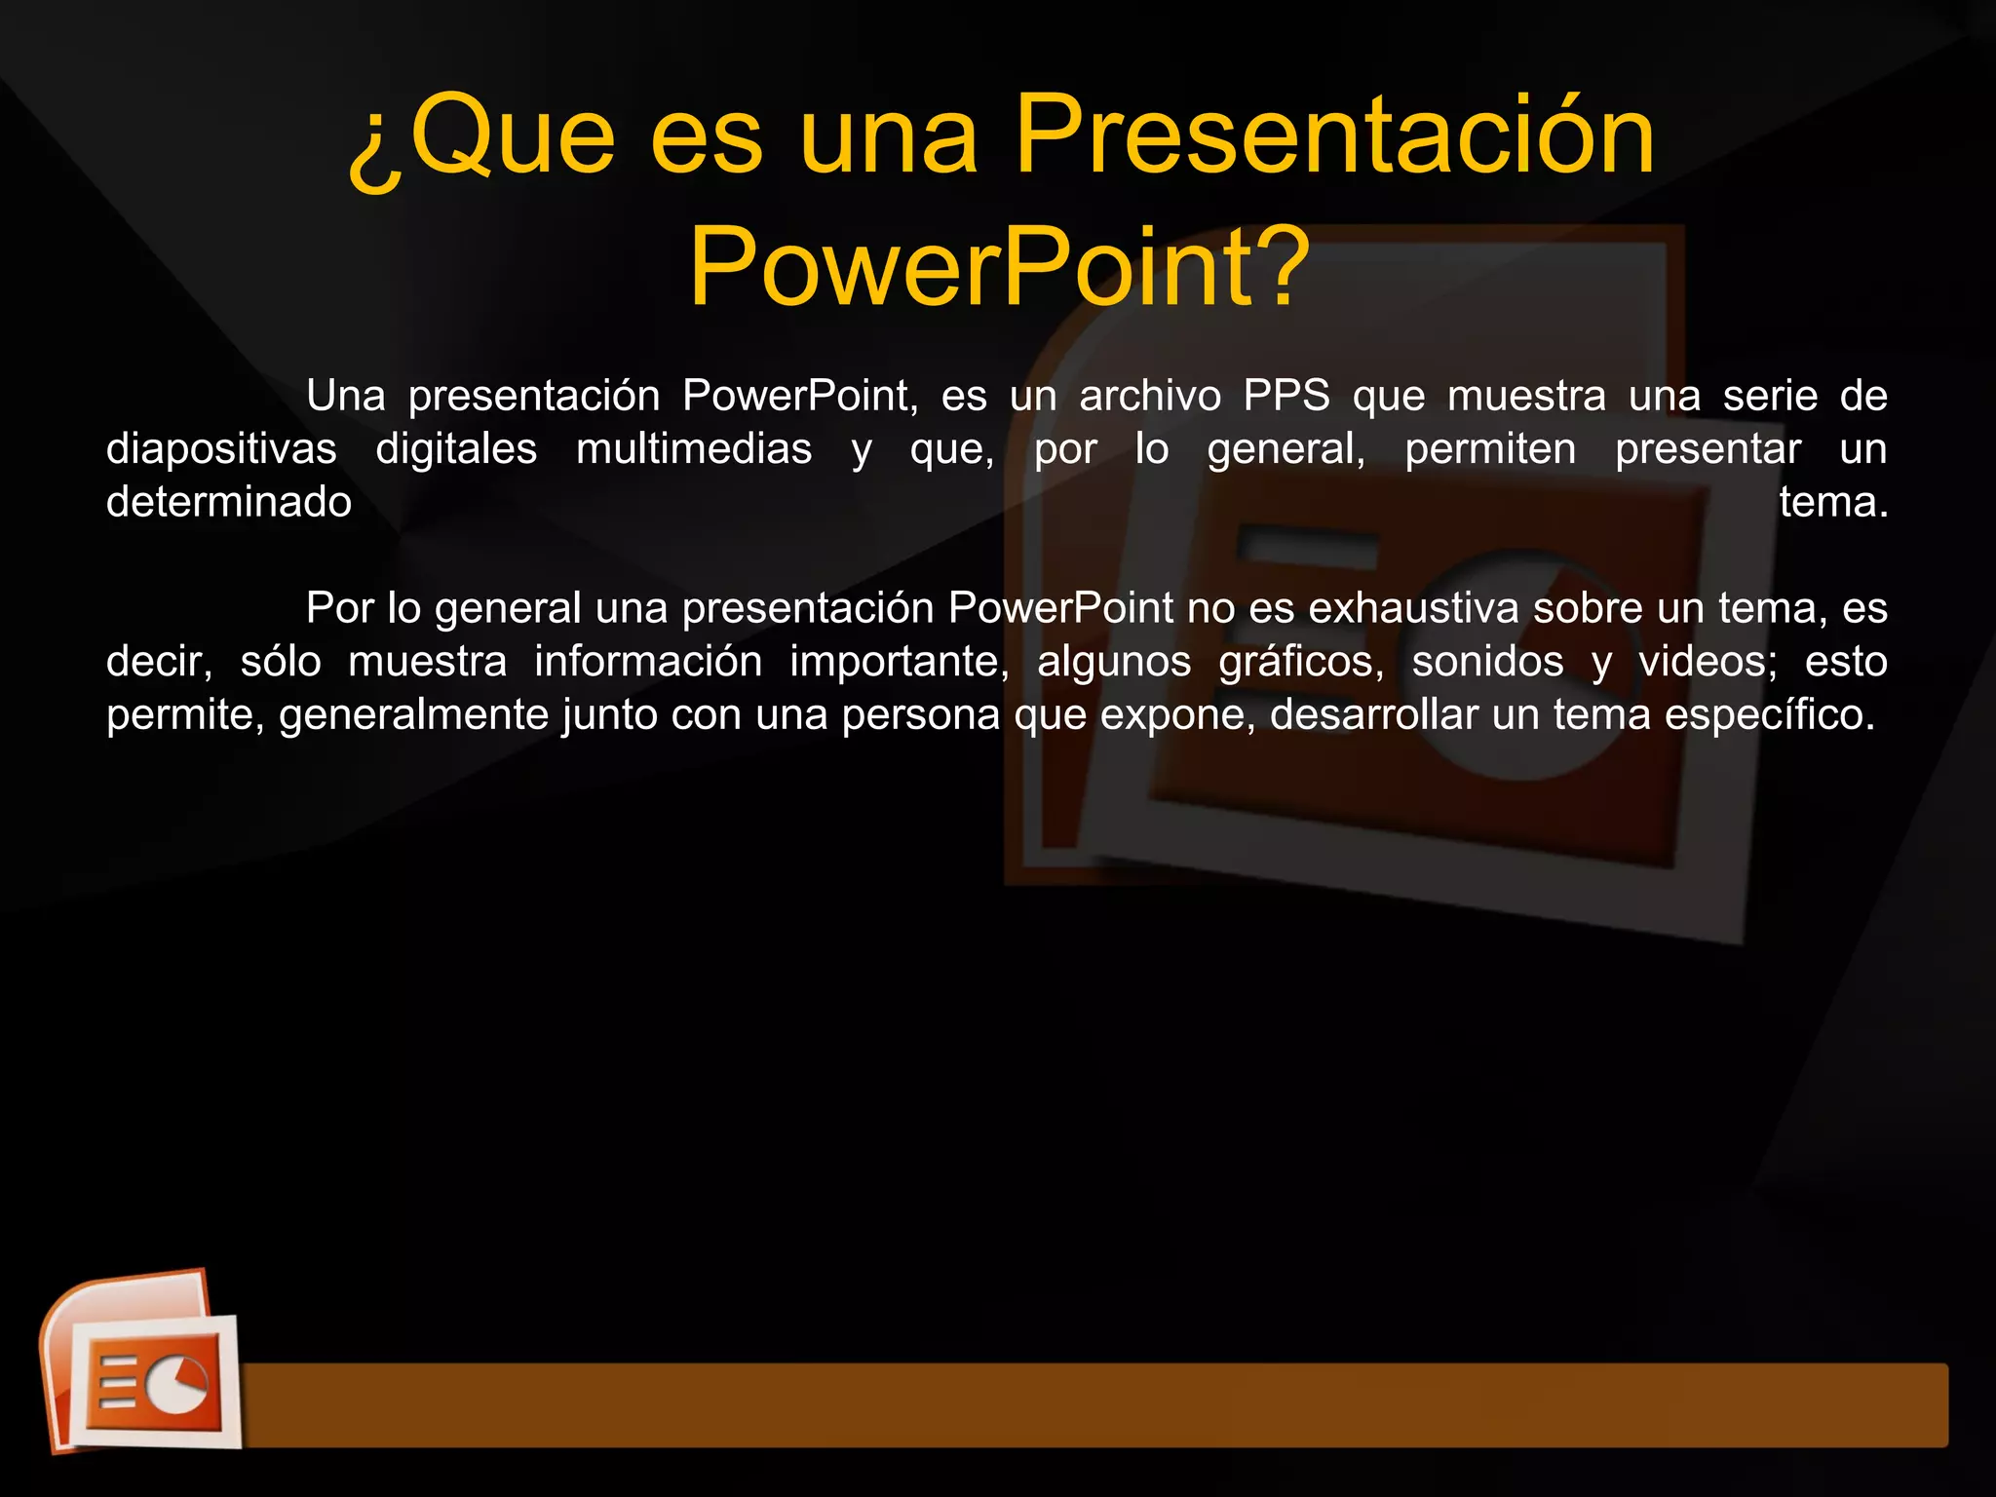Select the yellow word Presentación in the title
(x=1333, y=136)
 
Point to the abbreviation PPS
(x=1286, y=397)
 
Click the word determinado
(x=229, y=503)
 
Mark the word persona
(x=921, y=715)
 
